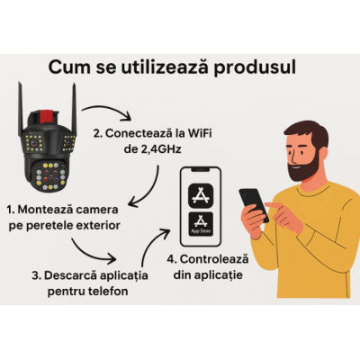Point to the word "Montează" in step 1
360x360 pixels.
click(45, 210)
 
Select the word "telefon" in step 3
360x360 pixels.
click(109, 291)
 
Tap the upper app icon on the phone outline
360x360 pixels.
click(201, 195)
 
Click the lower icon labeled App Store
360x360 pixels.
click(201, 224)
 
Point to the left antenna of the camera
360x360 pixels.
click(21, 110)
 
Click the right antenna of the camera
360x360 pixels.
click(75, 108)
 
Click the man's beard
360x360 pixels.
click(301, 168)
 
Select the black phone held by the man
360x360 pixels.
click(254, 205)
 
